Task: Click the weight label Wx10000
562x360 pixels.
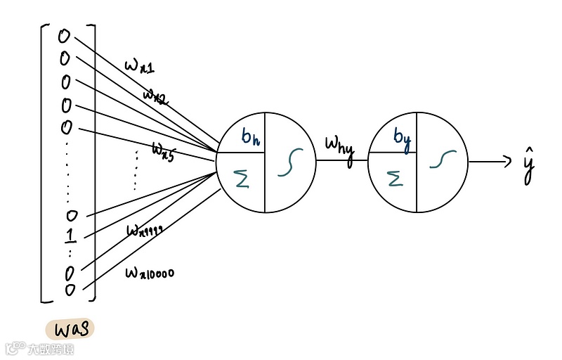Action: coord(150,271)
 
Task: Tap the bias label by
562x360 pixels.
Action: coord(402,137)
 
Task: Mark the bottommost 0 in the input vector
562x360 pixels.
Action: coord(70,290)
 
